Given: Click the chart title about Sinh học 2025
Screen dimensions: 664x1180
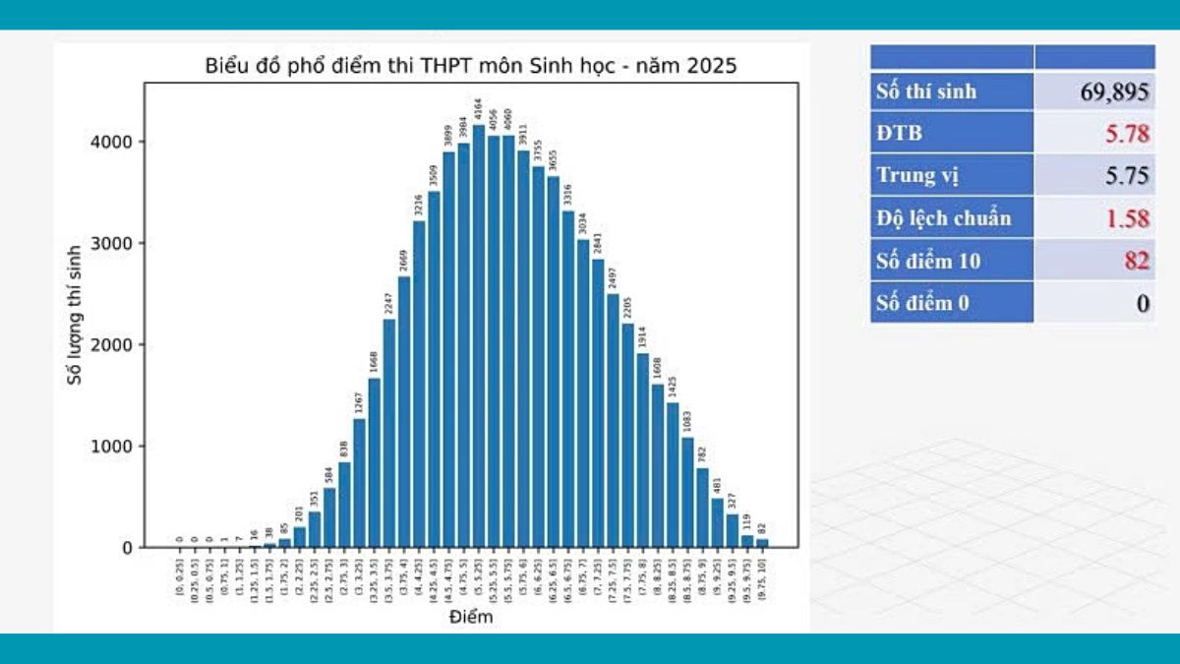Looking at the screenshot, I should pyautogui.click(x=471, y=67).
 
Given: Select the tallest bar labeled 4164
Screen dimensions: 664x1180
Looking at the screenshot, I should pyautogui.click(x=479, y=336).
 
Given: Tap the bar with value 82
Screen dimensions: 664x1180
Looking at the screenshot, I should pyautogui.click(x=762, y=542).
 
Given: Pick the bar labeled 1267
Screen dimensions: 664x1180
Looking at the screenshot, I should pyautogui.click(x=359, y=483).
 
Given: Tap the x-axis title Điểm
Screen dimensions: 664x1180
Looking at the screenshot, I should pyautogui.click(x=471, y=618).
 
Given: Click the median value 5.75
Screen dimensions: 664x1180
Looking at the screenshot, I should pyautogui.click(x=1127, y=176).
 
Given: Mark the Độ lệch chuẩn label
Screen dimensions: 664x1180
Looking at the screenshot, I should pyautogui.click(x=943, y=218).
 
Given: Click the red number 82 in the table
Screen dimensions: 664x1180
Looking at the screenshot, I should pyautogui.click(x=1136, y=261).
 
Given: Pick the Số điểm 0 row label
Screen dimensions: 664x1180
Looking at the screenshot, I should pyautogui.click(x=922, y=303).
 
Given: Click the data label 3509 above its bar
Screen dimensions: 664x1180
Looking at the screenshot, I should pyautogui.click(x=434, y=176).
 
